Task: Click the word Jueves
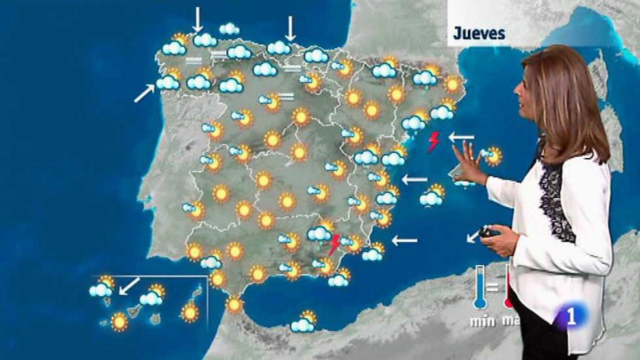pyautogui.click(x=479, y=34)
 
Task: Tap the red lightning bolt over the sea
pyautogui.click(x=433, y=142)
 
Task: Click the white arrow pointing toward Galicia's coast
pyautogui.click(x=144, y=94)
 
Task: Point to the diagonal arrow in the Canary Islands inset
pyautogui.click(x=130, y=286)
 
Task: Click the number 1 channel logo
pyautogui.click(x=572, y=317)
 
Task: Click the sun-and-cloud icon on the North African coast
pyautogui.click(x=304, y=322)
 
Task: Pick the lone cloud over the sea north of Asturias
pyautogui.click(x=229, y=29)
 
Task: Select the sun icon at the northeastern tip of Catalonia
pyautogui.click(x=453, y=84)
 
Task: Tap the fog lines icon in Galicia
pyautogui.click(x=194, y=61)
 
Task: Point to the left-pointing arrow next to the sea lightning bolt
pyautogui.click(x=461, y=138)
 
